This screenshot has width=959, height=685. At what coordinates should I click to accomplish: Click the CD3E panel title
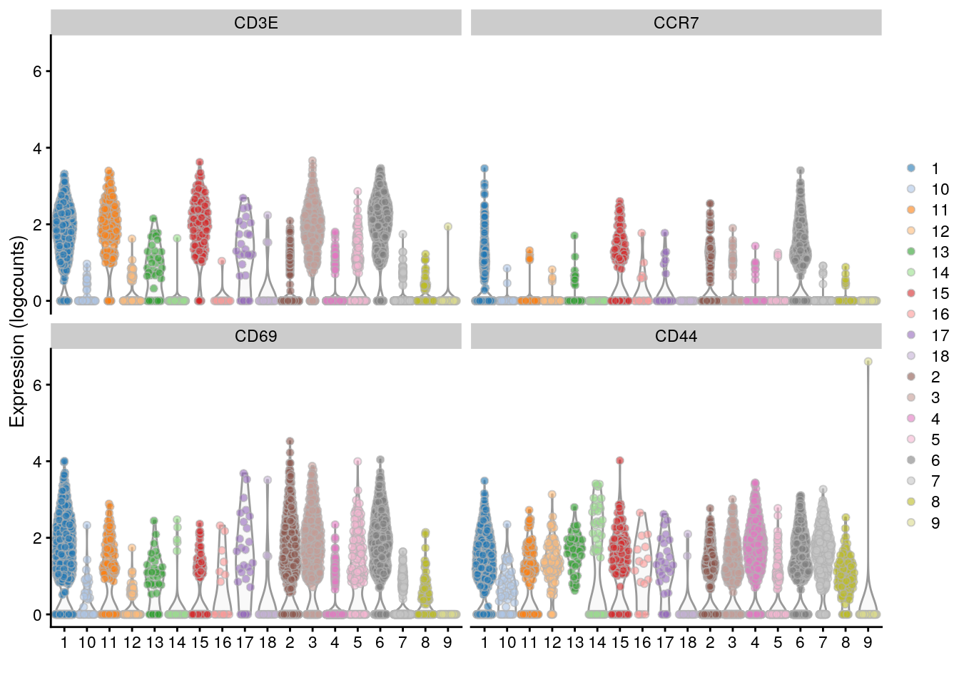(x=255, y=23)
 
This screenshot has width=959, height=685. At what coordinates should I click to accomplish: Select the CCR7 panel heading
(x=676, y=23)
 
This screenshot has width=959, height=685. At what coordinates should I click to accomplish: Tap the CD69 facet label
(x=255, y=336)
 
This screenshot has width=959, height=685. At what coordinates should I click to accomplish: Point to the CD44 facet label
(x=676, y=336)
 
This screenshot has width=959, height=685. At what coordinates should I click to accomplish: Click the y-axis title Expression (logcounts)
(x=17, y=332)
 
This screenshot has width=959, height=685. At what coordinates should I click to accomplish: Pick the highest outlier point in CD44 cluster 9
(x=868, y=362)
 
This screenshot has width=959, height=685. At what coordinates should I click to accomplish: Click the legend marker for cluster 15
(x=910, y=293)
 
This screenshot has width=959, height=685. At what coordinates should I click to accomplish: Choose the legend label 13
(x=940, y=252)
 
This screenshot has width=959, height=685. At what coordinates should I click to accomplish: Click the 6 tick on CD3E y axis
(x=37, y=71)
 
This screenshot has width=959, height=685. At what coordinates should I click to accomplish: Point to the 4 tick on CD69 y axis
(x=37, y=462)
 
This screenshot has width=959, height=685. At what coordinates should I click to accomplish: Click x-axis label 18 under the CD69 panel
(x=268, y=642)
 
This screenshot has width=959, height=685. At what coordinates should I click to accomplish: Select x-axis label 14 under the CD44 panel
(x=597, y=642)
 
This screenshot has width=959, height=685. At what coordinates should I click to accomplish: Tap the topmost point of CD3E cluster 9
(x=447, y=226)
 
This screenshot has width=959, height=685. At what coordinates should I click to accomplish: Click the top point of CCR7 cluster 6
(x=801, y=171)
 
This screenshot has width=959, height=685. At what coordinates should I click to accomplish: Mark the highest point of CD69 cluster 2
(x=290, y=441)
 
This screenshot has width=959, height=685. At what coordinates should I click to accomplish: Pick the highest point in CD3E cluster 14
(x=177, y=238)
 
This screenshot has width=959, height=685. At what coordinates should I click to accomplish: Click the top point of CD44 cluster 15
(x=619, y=460)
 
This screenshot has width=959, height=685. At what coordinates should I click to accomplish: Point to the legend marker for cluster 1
(x=910, y=168)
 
